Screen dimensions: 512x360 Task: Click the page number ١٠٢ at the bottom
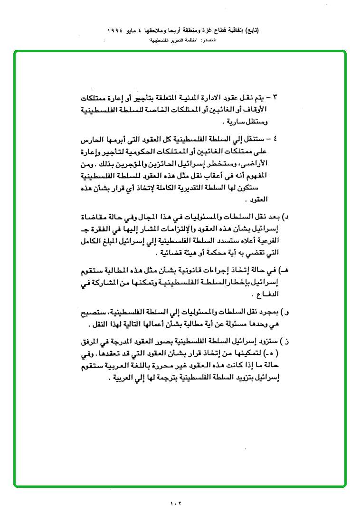tap(175, 503)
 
